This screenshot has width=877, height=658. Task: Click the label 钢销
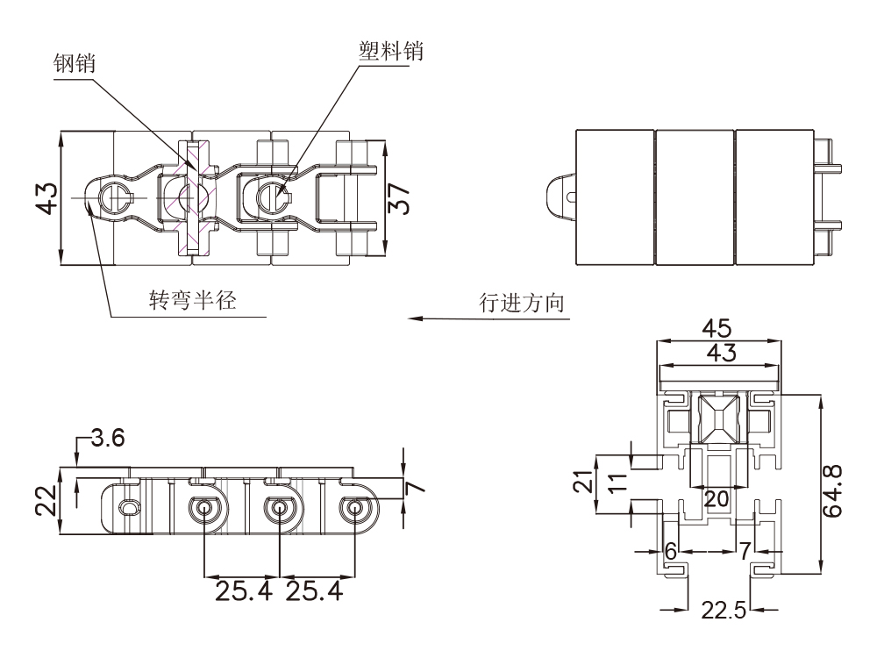74,63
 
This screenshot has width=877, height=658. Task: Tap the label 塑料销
391,51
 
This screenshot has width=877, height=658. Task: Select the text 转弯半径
192,300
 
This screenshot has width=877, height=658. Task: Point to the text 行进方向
521,303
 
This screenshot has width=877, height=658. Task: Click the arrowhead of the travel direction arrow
415,318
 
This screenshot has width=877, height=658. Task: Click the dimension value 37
399,198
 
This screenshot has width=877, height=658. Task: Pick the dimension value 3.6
107,438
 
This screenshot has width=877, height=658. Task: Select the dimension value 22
46,500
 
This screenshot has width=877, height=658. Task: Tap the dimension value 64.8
833,490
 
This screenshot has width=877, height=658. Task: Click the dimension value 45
717,328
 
